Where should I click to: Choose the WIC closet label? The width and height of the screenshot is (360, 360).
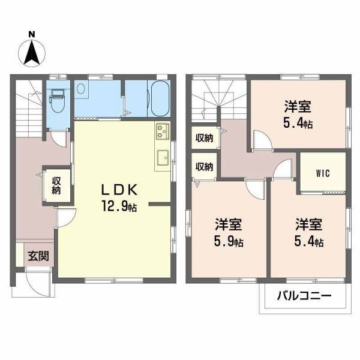pyautogui.click(x=322, y=173)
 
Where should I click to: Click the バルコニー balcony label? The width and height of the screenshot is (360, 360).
pyautogui.click(x=304, y=295)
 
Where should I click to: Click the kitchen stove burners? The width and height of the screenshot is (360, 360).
pyautogui.click(x=163, y=130)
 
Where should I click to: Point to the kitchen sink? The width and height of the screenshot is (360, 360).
pyautogui.click(x=163, y=158)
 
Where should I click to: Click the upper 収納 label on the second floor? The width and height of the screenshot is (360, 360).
pyautogui.click(x=205, y=138)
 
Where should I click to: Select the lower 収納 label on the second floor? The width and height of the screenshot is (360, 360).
pyautogui.click(x=205, y=166)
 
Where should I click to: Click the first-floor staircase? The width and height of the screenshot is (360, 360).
pyautogui.click(x=27, y=106)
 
